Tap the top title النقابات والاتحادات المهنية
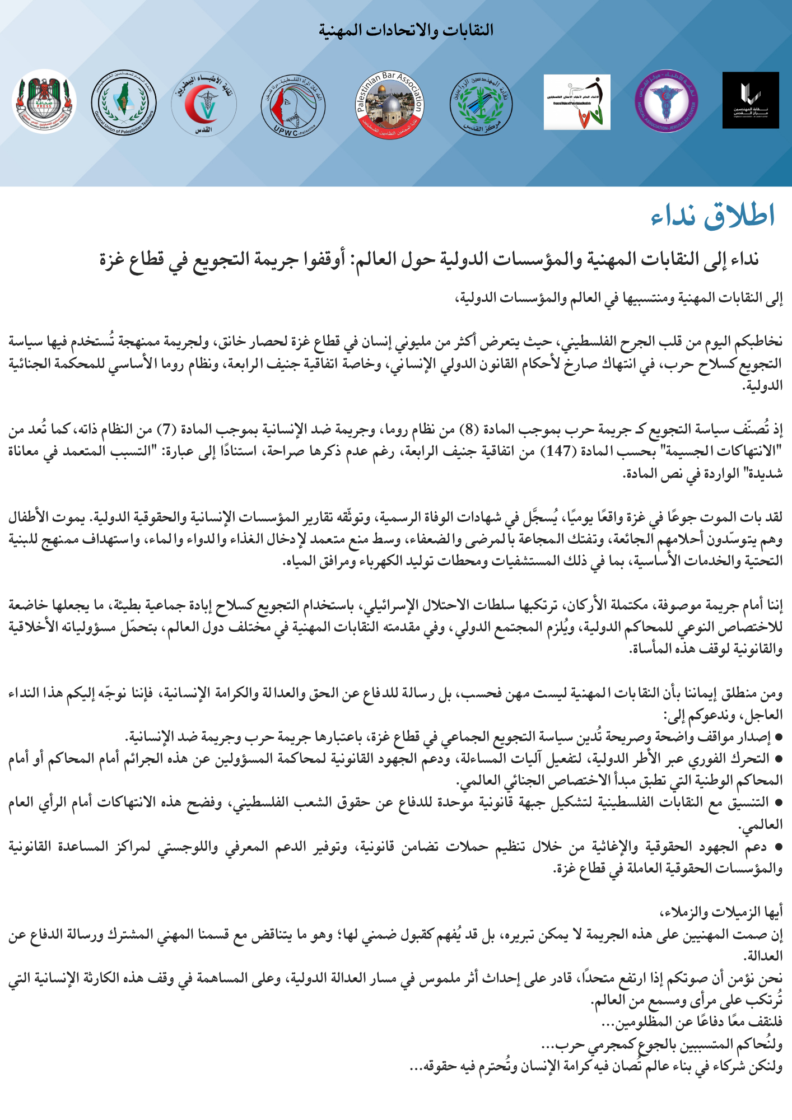pyautogui.click(x=406, y=30)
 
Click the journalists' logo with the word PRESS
pyautogui.click(x=44, y=101)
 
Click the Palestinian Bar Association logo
pyautogui.click(x=390, y=105)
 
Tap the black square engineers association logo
pyautogui.click(x=750, y=100)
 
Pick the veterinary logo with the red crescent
pyautogui.click(x=204, y=104)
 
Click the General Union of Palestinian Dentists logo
pyautogui.click(x=577, y=102)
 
